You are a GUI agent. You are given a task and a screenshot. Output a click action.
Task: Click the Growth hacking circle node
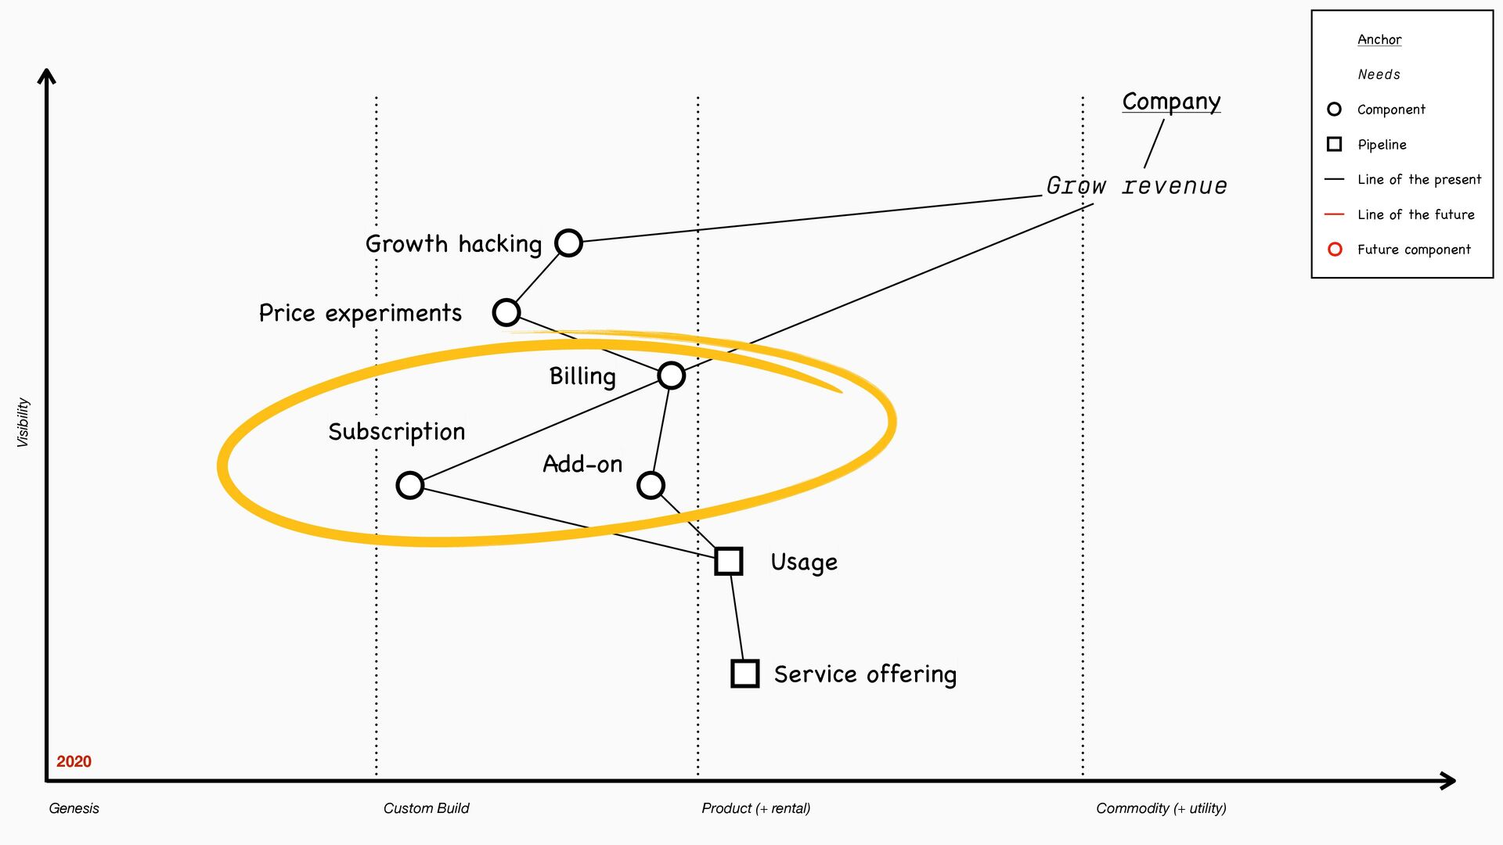[x=568, y=243]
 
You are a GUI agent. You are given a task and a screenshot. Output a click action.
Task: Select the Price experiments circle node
[x=506, y=312]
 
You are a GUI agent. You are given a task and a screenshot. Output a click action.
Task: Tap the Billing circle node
[x=671, y=376]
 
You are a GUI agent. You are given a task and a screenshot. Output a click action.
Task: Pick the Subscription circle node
[x=410, y=485]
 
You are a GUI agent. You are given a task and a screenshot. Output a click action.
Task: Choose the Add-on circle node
[x=651, y=485]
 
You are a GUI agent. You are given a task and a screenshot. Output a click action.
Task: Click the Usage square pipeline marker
[x=729, y=561]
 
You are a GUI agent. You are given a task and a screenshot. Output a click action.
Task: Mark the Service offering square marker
[x=744, y=674]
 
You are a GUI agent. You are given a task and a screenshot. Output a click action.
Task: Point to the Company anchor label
[x=1171, y=102]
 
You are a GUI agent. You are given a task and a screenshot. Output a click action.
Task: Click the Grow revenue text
[x=1137, y=186]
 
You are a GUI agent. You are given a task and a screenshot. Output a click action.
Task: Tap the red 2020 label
[x=74, y=761]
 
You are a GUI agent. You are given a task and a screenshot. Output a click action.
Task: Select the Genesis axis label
[x=74, y=808]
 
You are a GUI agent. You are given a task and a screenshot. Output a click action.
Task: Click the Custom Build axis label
[x=426, y=808]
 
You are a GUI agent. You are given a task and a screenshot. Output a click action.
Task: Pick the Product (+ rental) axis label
[x=755, y=808]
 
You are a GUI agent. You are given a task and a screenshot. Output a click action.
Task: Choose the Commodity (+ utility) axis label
[x=1161, y=808]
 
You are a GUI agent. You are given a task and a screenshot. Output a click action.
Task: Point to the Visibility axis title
[x=23, y=422]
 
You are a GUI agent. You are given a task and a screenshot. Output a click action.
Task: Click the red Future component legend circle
[x=1335, y=250]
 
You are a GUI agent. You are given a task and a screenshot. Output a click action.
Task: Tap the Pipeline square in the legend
[x=1335, y=144]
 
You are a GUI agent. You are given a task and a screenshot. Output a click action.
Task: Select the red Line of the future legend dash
[x=1334, y=214]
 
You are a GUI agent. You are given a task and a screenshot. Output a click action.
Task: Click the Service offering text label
[x=865, y=674]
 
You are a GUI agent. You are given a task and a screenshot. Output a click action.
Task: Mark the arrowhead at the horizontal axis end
[x=1448, y=780]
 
